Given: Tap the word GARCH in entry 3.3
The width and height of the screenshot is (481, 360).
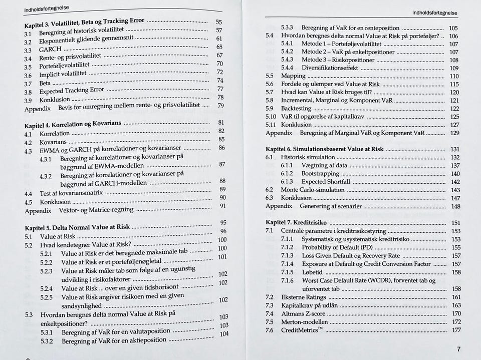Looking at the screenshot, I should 50,50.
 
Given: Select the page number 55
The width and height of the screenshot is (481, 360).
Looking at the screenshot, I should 218,22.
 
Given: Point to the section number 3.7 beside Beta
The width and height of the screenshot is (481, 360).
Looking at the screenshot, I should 29,83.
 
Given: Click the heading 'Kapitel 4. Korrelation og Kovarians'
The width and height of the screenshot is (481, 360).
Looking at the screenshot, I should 73,124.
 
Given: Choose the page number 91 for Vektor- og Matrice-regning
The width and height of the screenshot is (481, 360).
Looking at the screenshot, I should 223,206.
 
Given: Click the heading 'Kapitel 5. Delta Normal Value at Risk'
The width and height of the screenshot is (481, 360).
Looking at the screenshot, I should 77,227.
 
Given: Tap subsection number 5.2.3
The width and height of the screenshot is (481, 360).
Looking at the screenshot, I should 47,271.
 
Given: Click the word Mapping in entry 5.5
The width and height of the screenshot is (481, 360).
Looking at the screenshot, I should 293,76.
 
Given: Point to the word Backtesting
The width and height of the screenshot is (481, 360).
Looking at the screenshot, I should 296,109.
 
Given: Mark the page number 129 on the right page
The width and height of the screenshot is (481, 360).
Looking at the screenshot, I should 454,133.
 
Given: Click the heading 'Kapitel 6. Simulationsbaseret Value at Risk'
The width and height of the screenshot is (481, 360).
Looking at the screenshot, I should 324,149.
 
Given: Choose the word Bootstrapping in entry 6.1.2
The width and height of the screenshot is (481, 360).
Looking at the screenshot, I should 320,174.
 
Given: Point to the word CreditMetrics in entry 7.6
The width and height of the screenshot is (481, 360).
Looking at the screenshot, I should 300,330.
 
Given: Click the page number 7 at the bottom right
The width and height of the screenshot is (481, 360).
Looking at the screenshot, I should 458,349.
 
